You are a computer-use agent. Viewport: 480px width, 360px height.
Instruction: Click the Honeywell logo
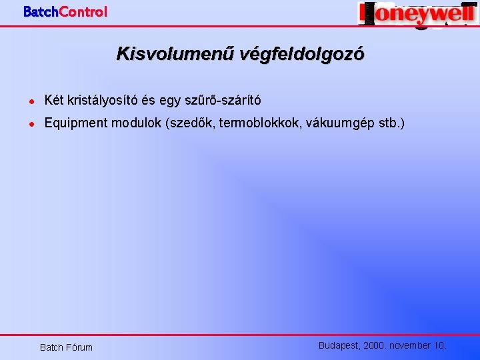click(417, 14)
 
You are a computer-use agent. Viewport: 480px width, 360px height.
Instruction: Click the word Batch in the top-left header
click(41, 11)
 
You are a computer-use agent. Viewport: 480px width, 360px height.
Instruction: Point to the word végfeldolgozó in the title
click(294, 54)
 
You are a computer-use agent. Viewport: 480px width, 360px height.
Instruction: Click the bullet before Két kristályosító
click(31, 101)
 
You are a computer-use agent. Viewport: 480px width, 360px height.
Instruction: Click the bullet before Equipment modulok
click(31, 124)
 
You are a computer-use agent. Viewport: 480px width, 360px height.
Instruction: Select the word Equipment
click(75, 123)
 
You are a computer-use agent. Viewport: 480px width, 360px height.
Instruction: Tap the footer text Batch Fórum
click(66, 347)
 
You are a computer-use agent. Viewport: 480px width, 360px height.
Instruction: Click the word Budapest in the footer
click(339, 345)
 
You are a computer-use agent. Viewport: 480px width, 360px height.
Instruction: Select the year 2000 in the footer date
click(375, 345)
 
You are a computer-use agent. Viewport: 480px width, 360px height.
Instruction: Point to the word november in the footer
click(411, 345)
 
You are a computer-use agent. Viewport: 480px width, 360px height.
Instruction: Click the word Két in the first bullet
click(53, 101)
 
